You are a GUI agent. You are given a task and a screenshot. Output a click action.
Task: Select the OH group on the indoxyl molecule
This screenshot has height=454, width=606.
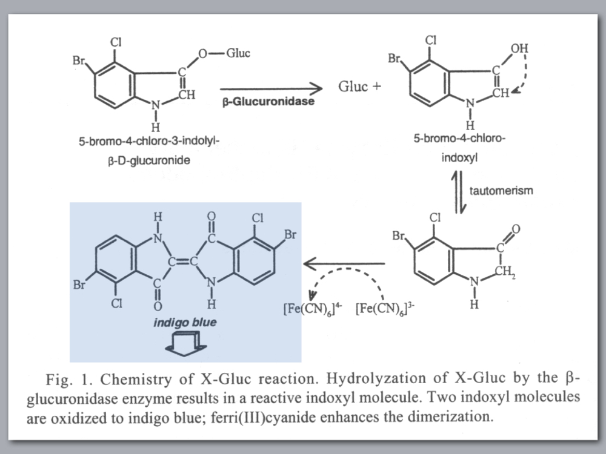pyautogui.click(x=519, y=48)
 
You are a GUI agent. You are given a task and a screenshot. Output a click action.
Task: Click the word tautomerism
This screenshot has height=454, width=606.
pyautogui.click(x=501, y=191)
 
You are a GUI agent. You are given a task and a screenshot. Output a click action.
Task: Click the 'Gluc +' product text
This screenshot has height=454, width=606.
pyautogui.click(x=360, y=87)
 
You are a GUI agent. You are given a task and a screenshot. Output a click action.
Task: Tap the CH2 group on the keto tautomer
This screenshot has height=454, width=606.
pyautogui.click(x=505, y=272)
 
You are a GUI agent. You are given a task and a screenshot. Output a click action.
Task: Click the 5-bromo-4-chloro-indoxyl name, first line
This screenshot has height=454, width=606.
pyautogui.click(x=461, y=139)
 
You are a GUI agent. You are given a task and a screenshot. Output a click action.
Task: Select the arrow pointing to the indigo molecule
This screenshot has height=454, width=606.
pyautogui.click(x=343, y=263)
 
